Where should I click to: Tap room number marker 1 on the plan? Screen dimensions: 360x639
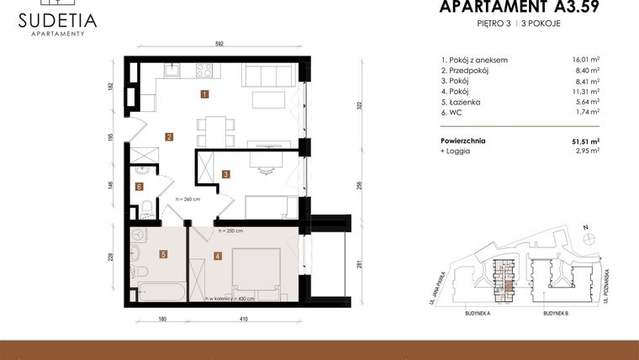click(203, 94)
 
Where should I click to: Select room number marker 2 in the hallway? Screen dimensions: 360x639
click(169, 137)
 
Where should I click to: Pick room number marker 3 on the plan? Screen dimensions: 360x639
click(226, 174)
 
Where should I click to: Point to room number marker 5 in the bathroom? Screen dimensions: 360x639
click(164, 252)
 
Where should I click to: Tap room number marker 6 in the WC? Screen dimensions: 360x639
click(140, 187)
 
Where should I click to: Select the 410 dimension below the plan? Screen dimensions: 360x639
click(243, 319)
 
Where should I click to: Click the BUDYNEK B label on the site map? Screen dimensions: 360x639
click(556, 312)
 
